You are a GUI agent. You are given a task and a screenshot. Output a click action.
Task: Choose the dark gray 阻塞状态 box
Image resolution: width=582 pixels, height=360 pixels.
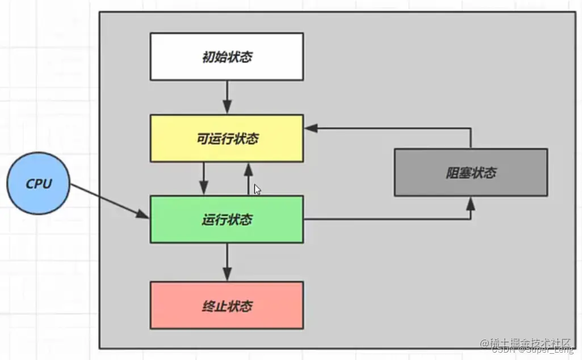coord(471,172)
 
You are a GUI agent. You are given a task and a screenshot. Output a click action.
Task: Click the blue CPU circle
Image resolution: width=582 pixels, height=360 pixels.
coord(39,184)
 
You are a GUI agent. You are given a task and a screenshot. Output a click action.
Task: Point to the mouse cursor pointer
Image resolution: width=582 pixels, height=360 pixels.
coord(257,190)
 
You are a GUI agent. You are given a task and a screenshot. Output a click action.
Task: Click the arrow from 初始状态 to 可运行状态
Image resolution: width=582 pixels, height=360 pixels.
coord(227,98)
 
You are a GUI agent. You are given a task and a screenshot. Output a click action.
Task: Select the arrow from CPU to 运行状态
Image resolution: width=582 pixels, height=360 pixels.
coord(108,200)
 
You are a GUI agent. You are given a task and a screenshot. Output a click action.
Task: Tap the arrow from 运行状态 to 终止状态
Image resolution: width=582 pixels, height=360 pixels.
coord(227,262)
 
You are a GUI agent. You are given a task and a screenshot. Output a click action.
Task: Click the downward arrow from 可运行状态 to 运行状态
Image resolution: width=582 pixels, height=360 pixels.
coord(204,179)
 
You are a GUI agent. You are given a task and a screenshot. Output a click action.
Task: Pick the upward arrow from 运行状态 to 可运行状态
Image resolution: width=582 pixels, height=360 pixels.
coord(248,178)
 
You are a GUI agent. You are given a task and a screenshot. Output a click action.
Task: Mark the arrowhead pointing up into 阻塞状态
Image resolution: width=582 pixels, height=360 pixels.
coord(470,204)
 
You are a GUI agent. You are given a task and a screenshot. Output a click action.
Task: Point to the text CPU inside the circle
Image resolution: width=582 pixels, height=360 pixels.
coord(39,184)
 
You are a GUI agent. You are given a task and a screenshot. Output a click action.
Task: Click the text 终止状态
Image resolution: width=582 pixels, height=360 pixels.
coord(227,307)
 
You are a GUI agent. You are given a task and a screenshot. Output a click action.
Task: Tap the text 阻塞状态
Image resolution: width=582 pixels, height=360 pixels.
coord(471,173)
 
